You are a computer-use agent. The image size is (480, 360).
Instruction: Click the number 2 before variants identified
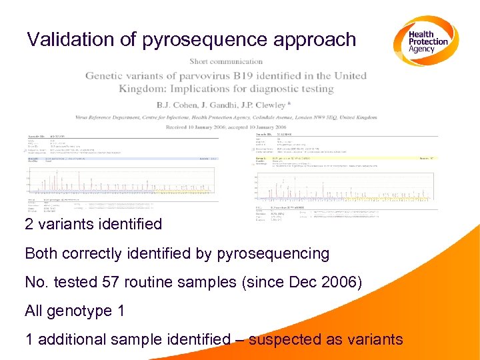pyautogui.click(x=29, y=224)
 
